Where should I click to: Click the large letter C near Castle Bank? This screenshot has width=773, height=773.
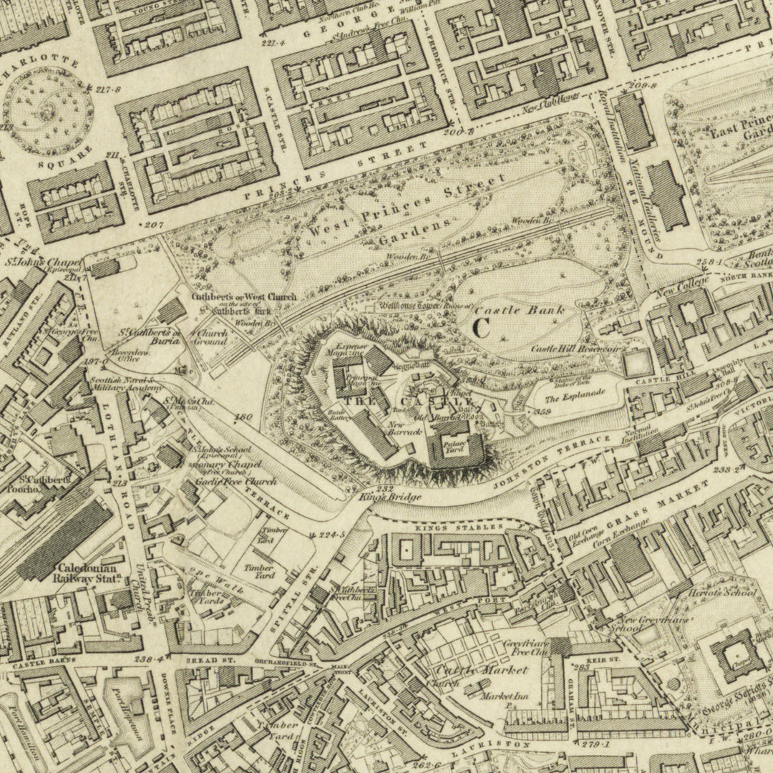tap(481, 328)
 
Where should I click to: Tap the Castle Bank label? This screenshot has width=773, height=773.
tap(519, 310)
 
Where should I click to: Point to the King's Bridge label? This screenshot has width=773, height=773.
tap(380, 496)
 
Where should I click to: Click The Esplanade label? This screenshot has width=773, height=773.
tap(575, 393)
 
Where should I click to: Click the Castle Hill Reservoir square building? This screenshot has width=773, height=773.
tap(634, 364)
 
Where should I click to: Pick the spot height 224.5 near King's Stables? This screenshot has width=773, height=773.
tap(331, 535)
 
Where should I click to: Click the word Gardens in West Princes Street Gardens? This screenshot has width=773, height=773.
tap(414, 230)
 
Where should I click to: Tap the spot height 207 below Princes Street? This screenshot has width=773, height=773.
tap(153, 225)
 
